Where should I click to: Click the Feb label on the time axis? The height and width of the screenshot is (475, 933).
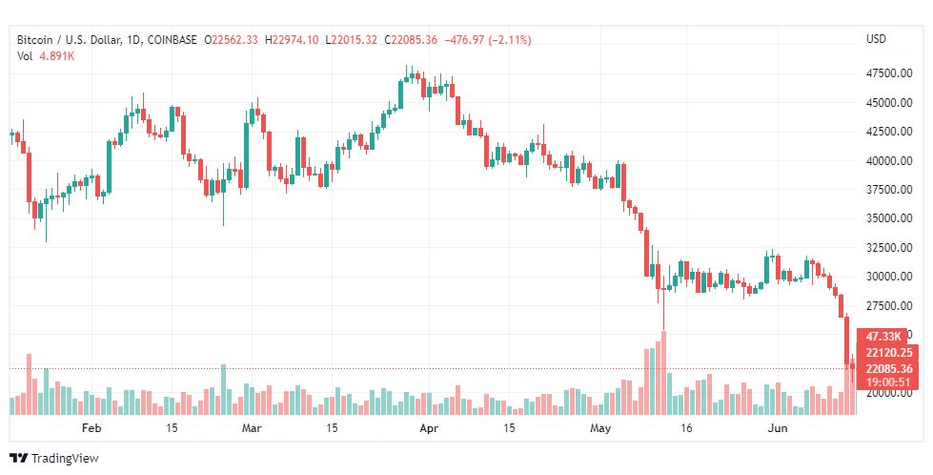pyautogui.click(x=91, y=428)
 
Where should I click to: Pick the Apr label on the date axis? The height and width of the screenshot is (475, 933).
pyautogui.click(x=429, y=428)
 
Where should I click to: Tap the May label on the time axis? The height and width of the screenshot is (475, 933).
pyautogui.click(x=599, y=428)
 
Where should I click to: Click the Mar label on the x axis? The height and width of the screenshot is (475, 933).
pyautogui.click(x=252, y=428)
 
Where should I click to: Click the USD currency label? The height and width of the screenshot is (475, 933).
pyautogui.click(x=875, y=39)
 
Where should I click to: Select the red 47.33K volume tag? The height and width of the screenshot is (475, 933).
pyautogui.click(x=885, y=337)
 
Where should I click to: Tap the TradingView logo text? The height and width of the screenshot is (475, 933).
pyautogui.click(x=64, y=459)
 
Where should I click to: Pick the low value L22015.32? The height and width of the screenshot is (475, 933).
pyautogui.click(x=352, y=39)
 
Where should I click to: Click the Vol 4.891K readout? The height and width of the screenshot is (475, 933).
pyautogui.click(x=46, y=55)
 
